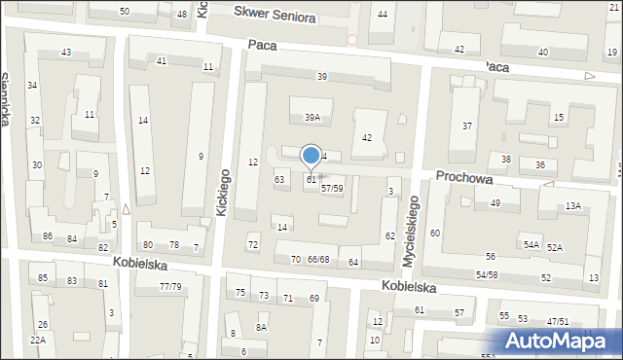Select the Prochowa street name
[464, 177]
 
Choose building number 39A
[311, 117]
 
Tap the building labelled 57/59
[332, 188]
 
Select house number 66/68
[318, 260]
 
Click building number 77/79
[169, 286]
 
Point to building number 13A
[573, 205]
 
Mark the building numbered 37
[467, 126]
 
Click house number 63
[279, 179]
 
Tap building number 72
[253, 244]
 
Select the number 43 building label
[66, 52]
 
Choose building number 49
[495, 203]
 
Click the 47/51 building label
[557, 321]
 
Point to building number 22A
[37, 340]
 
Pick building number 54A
[531, 245]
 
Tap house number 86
[48, 236]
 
